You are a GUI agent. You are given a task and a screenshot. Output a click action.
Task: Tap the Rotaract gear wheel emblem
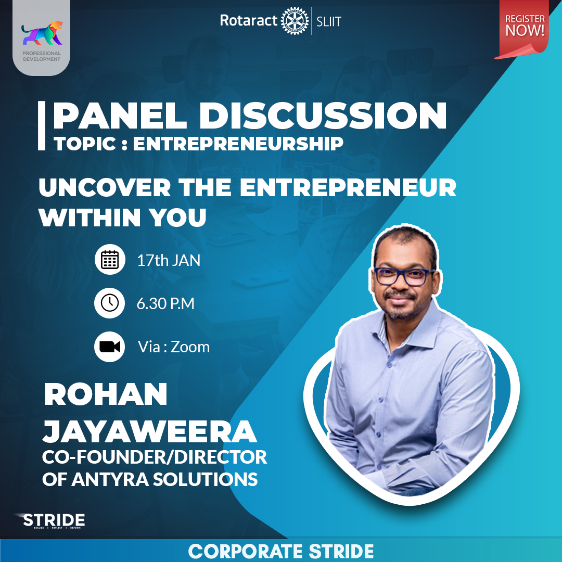click(295, 21)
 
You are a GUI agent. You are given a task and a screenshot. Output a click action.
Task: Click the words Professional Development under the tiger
click(42, 56)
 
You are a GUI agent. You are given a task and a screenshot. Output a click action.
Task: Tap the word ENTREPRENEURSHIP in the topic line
click(238, 144)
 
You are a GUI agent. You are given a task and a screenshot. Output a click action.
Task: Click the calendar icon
click(110, 259)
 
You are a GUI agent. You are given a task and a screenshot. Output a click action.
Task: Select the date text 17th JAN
click(169, 260)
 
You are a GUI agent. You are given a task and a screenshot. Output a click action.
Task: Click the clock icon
click(110, 303)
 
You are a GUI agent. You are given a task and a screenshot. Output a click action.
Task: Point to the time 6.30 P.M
click(165, 303)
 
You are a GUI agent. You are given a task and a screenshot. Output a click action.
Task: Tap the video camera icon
click(110, 347)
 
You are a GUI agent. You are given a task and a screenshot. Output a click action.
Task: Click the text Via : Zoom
click(174, 347)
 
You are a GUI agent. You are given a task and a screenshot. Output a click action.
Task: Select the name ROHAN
click(106, 395)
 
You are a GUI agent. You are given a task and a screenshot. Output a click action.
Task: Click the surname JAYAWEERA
click(149, 431)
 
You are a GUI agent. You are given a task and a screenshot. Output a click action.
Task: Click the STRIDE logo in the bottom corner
click(50, 520)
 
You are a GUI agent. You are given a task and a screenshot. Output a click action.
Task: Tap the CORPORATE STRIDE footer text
click(281, 551)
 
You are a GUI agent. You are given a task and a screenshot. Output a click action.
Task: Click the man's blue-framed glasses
click(403, 276)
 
